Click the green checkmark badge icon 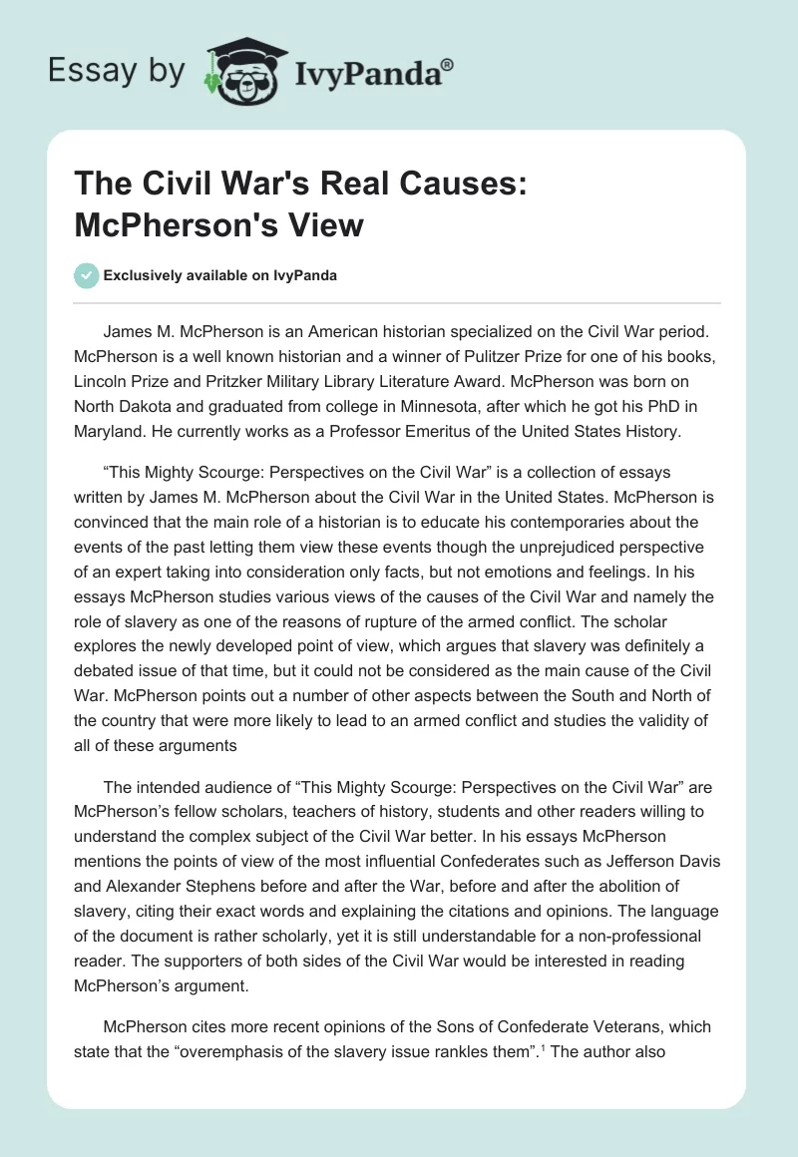[87, 275]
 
